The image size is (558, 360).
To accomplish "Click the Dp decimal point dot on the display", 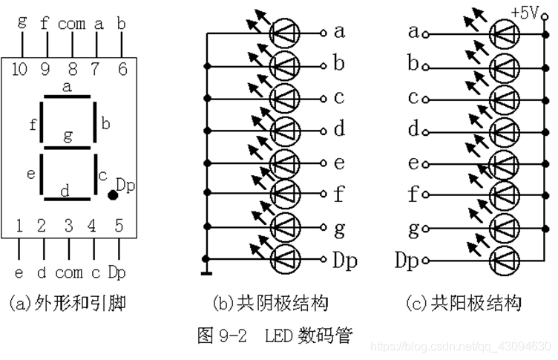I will coord(112,195).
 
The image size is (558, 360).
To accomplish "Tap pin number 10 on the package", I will coord(20,70).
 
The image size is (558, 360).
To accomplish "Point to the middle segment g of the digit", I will coord(68,146).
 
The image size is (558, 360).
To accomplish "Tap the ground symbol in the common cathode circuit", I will coord(207,261).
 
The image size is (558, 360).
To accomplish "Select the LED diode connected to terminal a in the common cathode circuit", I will coord(285,32).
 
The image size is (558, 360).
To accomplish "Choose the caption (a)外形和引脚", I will coord(68,303).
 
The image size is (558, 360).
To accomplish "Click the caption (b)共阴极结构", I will coord(270,303).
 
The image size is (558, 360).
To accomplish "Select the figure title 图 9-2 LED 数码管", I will coord(275,336).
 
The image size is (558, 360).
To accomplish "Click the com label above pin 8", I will coord(71,23).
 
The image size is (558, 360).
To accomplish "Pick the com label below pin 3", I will coord(68,272).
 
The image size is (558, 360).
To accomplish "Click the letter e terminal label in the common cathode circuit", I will coord(339,163).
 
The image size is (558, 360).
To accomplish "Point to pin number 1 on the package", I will coord(19,225).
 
